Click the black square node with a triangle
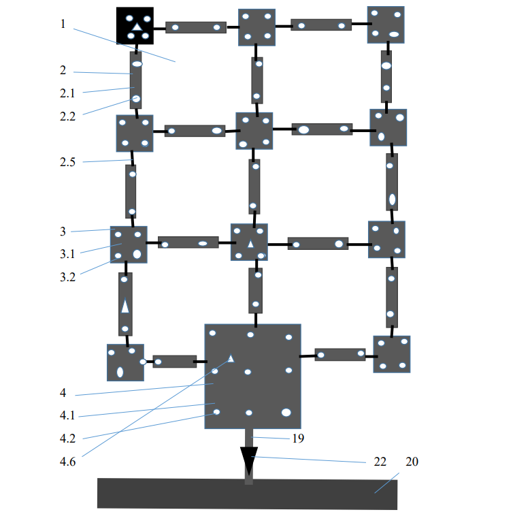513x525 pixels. pos(135,26)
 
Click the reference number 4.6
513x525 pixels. pos(67,462)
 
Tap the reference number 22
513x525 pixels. pos(380,462)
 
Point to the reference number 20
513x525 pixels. pos(412,462)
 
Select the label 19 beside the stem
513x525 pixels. pos(298,439)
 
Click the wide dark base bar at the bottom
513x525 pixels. pos(247,494)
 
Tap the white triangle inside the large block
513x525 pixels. pos(231,358)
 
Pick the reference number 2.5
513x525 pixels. pos(67,162)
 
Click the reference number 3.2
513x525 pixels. pos(67,276)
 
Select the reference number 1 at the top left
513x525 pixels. pos(63,24)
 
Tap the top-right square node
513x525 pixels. pos(386,25)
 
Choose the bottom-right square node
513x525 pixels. pos(391,354)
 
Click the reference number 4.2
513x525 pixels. pos(67,439)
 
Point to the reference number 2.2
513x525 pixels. pos(67,116)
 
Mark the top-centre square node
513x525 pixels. pos(256,27)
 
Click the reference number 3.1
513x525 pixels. pos(67,254)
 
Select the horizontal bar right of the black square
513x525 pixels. pos(196,27)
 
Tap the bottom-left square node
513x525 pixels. pos(125,362)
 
